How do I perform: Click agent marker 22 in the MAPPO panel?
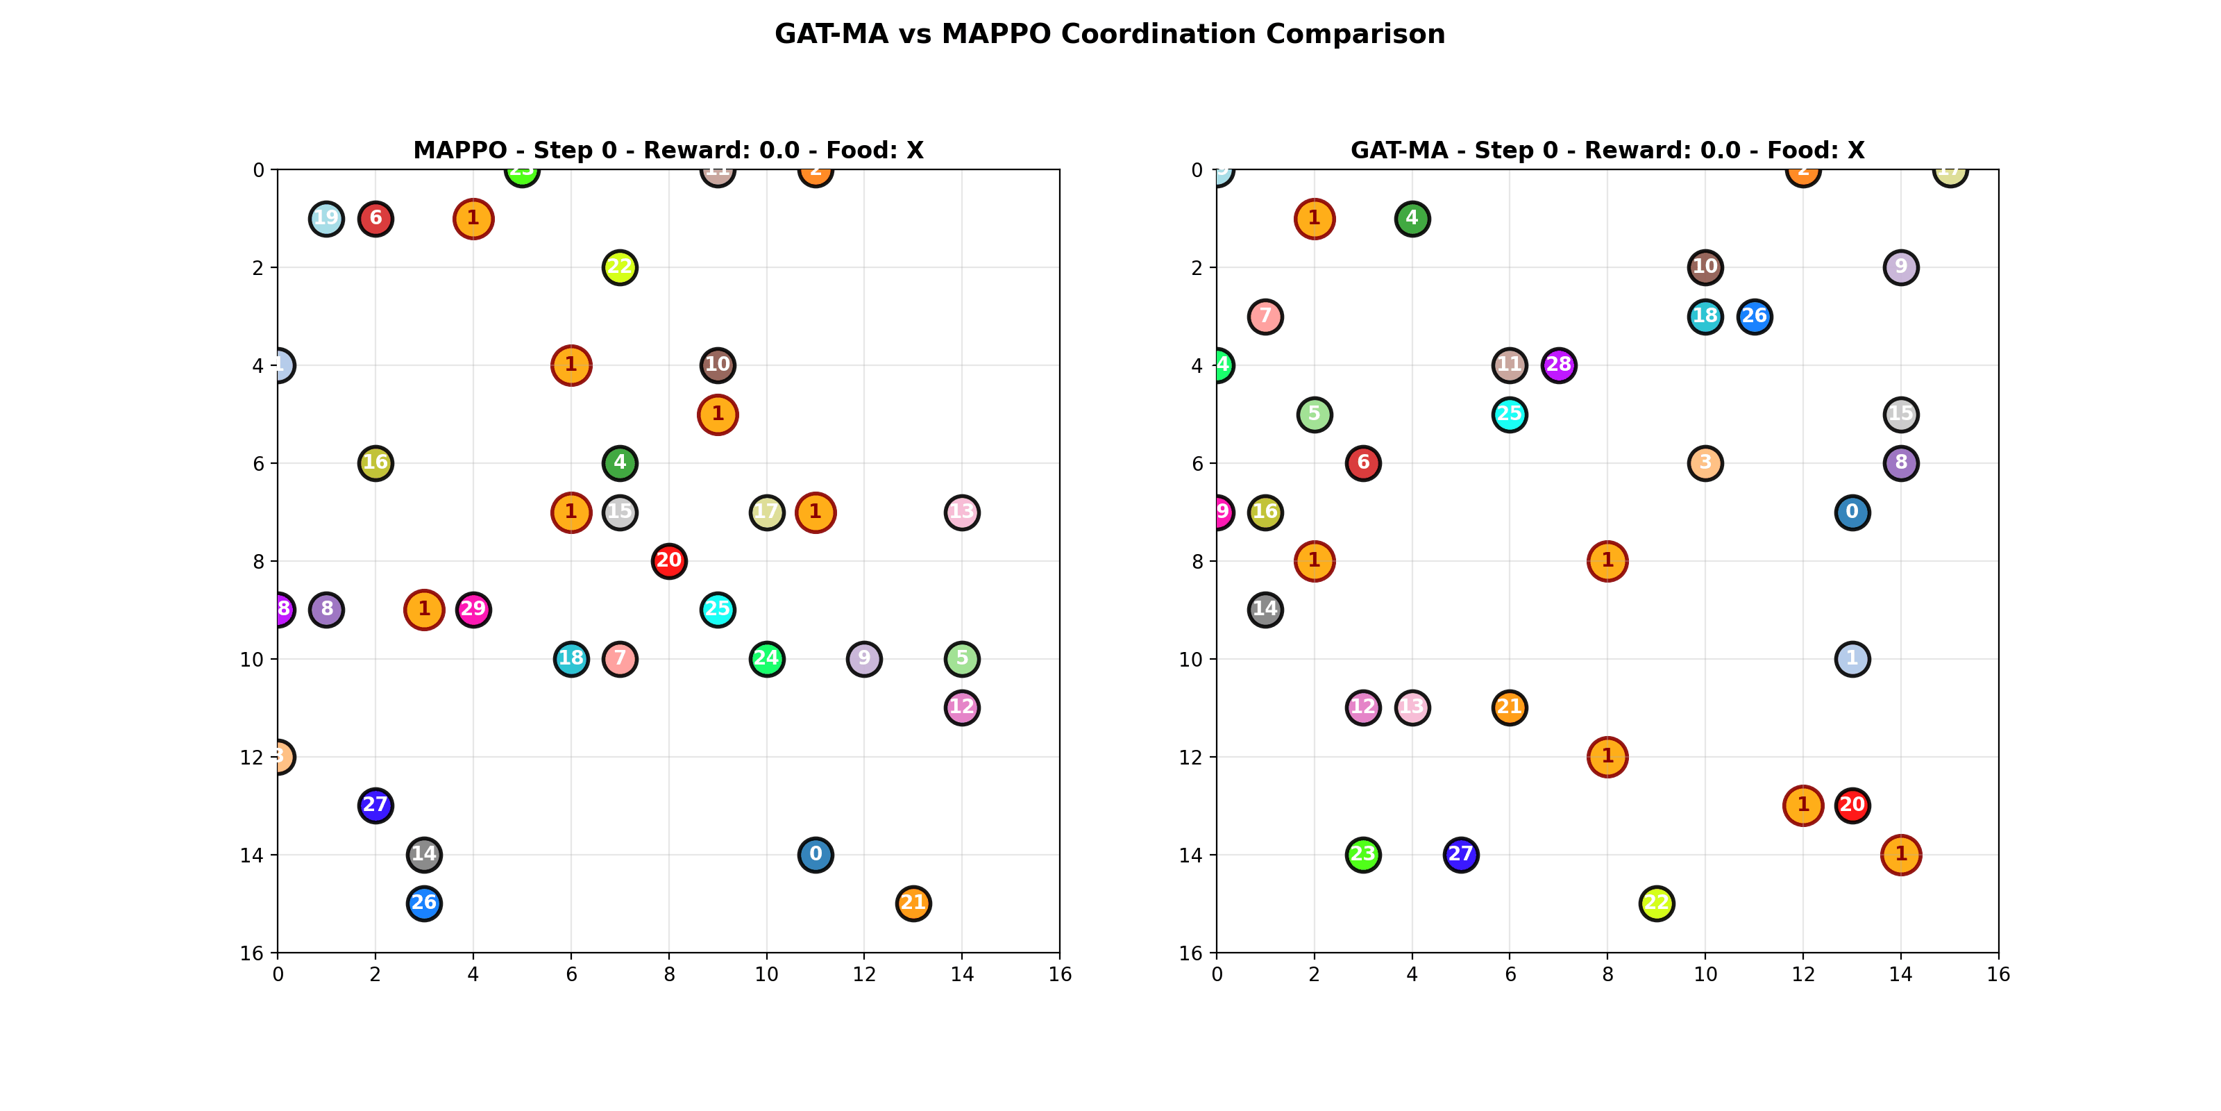tap(619, 267)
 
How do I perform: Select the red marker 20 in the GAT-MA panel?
tap(1851, 805)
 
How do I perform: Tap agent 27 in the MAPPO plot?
tap(375, 805)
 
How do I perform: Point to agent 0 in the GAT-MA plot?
tap(1851, 512)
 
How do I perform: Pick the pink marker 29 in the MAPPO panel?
tap(473, 610)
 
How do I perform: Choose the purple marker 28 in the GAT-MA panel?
tap(1558, 365)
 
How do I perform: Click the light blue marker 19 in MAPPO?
tap(326, 218)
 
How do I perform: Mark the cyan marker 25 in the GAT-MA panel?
tap(1509, 414)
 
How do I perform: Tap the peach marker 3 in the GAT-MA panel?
tap(1705, 463)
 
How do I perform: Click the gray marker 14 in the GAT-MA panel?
tap(1265, 610)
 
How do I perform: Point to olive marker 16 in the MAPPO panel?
tap(375, 463)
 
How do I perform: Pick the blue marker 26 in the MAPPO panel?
tap(423, 903)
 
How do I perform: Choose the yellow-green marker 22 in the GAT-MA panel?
tap(1655, 903)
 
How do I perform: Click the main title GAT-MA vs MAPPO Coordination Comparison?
tap(1110, 35)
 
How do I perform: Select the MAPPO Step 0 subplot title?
tap(668, 150)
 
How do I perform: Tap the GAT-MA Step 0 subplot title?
tap(1607, 150)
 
